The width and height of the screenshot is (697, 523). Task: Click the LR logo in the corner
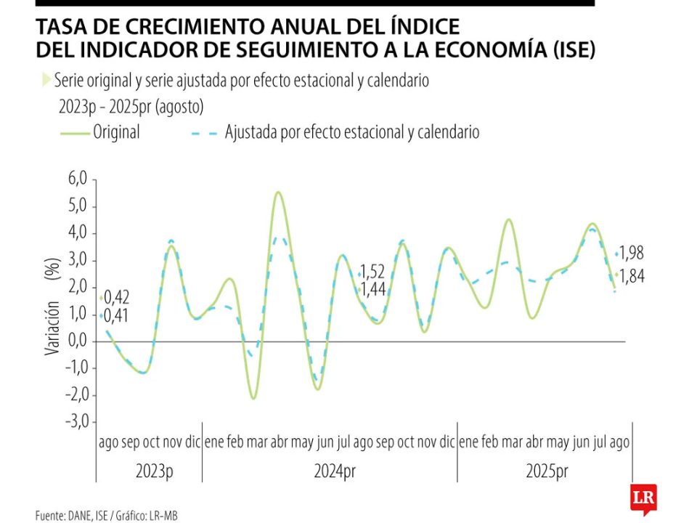pyautogui.click(x=643, y=500)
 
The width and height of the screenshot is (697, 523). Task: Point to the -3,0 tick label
pyautogui.click(x=76, y=421)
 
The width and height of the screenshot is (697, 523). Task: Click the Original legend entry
pyautogui.click(x=116, y=133)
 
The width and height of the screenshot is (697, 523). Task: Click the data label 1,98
pyautogui.click(x=632, y=254)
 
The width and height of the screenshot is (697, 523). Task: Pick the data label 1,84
pyautogui.click(x=632, y=276)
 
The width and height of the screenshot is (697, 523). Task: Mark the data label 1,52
pyautogui.click(x=374, y=272)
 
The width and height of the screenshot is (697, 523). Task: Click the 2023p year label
pyautogui.click(x=155, y=471)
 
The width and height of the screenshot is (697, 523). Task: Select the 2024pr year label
pyautogui.click(x=335, y=471)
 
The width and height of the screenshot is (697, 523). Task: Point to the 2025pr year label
pyautogui.click(x=547, y=471)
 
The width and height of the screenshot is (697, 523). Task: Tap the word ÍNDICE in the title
pyautogui.click(x=424, y=28)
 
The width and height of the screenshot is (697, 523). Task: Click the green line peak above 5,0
pyautogui.click(x=278, y=192)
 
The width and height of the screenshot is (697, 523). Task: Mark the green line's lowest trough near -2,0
pyautogui.click(x=253, y=397)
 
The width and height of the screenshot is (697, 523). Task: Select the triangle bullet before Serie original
pyautogui.click(x=46, y=80)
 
